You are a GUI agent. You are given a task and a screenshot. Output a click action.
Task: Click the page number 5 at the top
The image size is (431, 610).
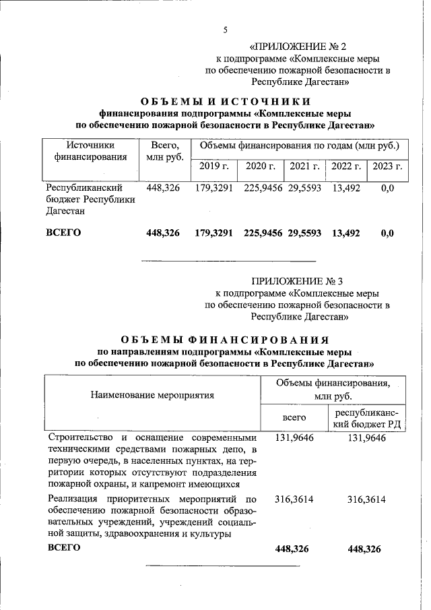pyautogui.click(x=226, y=29)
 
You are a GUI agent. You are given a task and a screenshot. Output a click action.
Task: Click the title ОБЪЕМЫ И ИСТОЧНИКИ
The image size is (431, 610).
pyautogui.click(x=225, y=102)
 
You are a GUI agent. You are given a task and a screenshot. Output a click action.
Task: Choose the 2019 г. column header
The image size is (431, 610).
pyautogui.click(x=213, y=166)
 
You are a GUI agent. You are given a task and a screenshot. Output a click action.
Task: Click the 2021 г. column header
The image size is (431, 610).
pyautogui.click(x=304, y=166)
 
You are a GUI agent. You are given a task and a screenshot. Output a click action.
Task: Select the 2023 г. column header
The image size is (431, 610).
pyautogui.click(x=387, y=166)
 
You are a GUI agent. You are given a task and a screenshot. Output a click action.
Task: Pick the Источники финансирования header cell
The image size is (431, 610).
pyautogui.click(x=90, y=151)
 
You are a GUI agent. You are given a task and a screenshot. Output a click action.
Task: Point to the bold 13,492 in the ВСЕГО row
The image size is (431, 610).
pyautogui.click(x=346, y=233)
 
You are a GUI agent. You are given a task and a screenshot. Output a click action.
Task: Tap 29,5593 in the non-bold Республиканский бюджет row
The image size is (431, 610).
pyautogui.click(x=305, y=188)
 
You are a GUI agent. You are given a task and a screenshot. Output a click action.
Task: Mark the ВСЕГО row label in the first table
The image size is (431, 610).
pyautogui.click(x=63, y=233)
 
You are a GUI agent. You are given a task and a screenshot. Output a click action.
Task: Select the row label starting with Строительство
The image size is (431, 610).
pyautogui.click(x=152, y=461)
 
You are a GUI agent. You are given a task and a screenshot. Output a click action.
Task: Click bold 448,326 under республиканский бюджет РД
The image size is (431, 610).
pyautogui.click(x=364, y=549)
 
